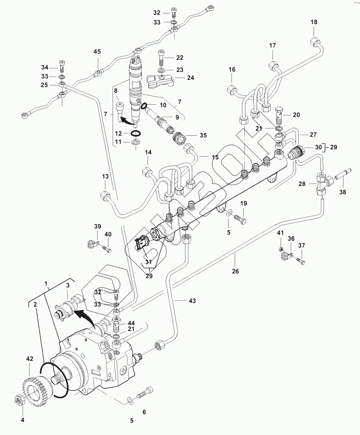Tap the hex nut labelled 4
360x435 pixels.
click(21, 399)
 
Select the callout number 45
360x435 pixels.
click(97, 51)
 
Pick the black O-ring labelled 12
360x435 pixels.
click(136, 133)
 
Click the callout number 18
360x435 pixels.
click(314, 22)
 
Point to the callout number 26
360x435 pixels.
click(235, 271)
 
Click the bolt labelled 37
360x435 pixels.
click(301, 261)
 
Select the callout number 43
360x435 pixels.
click(192, 300)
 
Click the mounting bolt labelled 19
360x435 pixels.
click(240, 219)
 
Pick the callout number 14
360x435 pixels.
click(148, 152)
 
